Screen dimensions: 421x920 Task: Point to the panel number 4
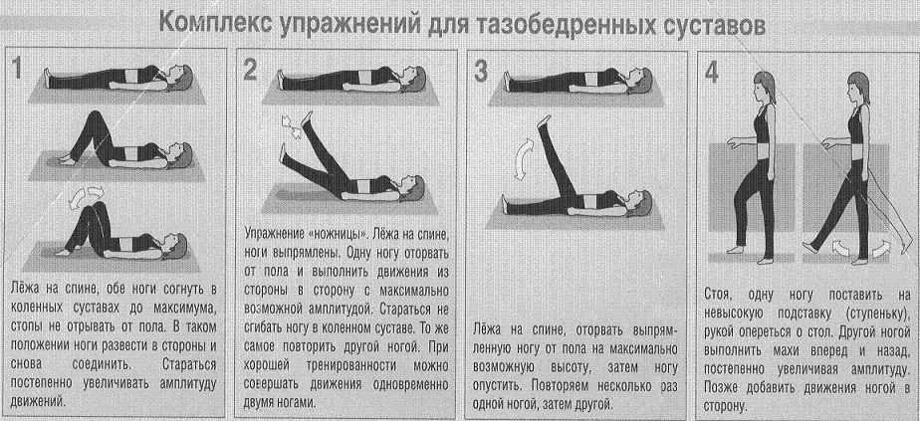[711, 72]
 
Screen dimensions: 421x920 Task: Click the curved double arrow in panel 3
[520, 159]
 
